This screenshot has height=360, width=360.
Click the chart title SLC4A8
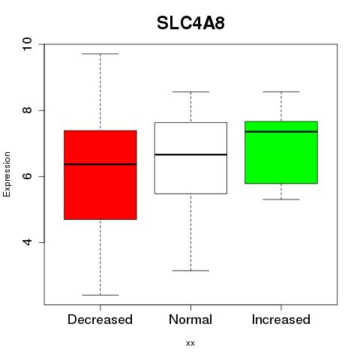[190, 23]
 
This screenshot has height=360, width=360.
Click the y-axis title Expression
[7, 174]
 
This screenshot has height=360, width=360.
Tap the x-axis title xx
[190, 343]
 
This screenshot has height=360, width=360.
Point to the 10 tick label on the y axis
[28, 44]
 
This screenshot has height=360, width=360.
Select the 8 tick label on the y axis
[28, 110]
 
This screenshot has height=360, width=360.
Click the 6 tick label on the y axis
[28, 176]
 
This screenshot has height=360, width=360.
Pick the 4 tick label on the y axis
[28, 242]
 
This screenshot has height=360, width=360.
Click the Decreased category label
[100, 319]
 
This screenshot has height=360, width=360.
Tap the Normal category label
[190, 319]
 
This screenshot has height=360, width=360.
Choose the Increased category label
[281, 319]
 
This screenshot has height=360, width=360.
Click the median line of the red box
[100, 164]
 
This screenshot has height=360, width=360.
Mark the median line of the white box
[190, 154]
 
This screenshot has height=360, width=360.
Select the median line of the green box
[281, 131]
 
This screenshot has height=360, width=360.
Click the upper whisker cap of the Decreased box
[100, 54]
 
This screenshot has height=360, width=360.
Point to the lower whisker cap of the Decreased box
[100, 295]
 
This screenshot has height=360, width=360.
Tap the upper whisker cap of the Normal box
[190, 92]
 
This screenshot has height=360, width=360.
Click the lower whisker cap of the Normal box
[190, 271]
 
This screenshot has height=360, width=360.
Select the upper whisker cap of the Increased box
[281, 92]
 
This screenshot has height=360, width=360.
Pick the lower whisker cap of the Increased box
[281, 199]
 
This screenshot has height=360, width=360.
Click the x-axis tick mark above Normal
[190, 307]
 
